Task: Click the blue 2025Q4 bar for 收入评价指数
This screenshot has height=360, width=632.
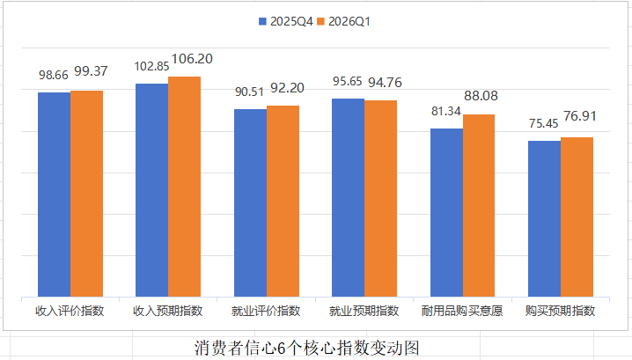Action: (54, 194)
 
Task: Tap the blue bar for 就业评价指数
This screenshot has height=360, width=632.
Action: (250, 202)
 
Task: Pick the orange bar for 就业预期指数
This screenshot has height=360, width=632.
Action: (381, 198)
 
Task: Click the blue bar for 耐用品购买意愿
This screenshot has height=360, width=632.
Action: (446, 212)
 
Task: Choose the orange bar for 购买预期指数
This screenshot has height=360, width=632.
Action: (577, 217)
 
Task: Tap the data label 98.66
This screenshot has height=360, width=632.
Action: (55, 76)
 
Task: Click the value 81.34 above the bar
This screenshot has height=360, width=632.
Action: (446, 112)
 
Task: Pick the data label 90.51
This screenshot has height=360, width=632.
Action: (251, 92)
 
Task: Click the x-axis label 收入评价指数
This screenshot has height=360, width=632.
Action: (70, 311)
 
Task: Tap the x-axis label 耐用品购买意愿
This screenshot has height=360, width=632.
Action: (462, 311)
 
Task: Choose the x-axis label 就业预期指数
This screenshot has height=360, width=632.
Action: (364, 311)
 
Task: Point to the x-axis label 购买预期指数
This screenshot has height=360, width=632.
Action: (560, 311)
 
